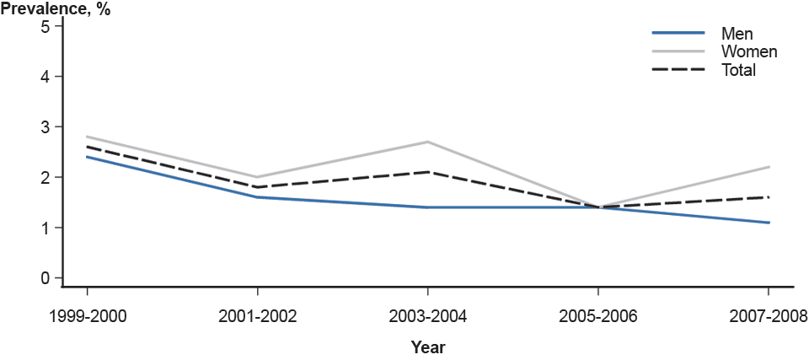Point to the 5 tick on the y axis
point(46,25)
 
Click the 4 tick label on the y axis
point(46,76)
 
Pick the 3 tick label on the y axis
point(46,126)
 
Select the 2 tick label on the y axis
point(46,177)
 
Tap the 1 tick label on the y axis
point(46,228)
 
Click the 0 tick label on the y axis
point(46,278)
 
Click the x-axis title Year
point(428,347)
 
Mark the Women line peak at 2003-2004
point(428,142)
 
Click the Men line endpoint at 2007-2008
point(769,223)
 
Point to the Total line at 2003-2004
point(428,172)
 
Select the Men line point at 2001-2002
point(257,197)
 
